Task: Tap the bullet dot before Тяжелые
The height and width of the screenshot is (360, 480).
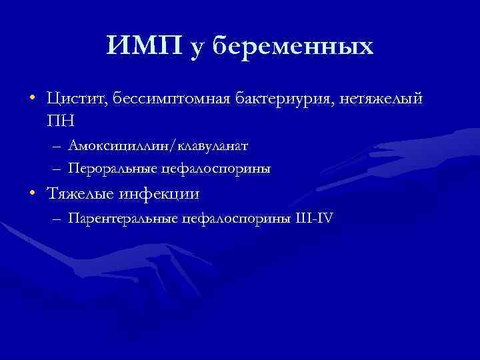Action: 32,194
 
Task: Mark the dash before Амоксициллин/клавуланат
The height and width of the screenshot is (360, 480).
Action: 55,145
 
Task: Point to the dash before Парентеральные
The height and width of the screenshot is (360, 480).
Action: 55,218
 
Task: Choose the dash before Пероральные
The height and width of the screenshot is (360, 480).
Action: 55,169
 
